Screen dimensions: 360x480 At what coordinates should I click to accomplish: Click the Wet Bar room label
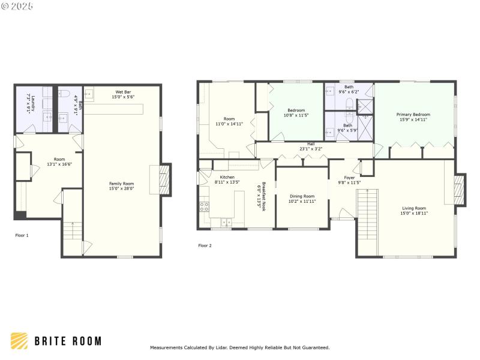pyautogui.click(x=123, y=92)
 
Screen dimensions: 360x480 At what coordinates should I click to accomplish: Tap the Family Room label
pyautogui.click(x=121, y=184)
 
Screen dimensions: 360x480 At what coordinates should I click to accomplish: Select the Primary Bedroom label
pyautogui.click(x=413, y=114)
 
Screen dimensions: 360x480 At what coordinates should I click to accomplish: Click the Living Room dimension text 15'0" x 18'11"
pyautogui.click(x=413, y=213)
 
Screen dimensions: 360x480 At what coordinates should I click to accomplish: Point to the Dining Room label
pyautogui.click(x=302, y=196)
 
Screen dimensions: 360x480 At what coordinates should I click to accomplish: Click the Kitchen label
pyautogui.click(x=227, y=177)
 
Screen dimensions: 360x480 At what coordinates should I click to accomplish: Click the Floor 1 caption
pyautogui.click(x=22, y=235)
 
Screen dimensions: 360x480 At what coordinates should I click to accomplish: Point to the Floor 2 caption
pyautogui.click(x=205, y=245)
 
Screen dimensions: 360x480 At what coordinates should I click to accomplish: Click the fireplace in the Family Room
pyautogui.click(x=165, y=179)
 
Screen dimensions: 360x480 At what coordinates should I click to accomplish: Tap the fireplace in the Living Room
pyautogui.click(x=459, y=189)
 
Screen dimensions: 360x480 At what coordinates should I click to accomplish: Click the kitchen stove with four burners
pyautogui.click(x=204, y=208)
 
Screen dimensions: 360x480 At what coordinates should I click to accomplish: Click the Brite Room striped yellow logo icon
pyautogui.click(x=19, y=341)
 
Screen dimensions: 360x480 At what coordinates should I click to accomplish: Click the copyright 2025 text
pyautogui.click(x=17, y=5)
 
